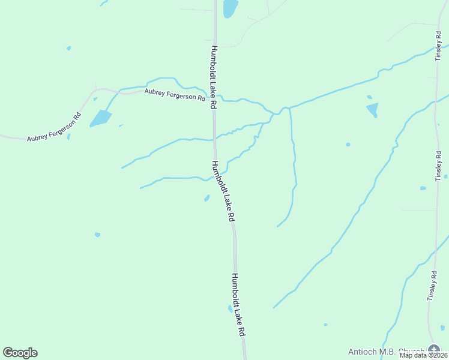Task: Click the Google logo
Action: point(20,353)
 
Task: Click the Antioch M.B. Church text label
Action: point(386,352)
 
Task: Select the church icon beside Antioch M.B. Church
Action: point(434,350)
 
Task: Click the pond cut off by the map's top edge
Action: point(230,8)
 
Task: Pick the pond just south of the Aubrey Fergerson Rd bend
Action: point(101,118)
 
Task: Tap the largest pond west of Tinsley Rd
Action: point(373,110)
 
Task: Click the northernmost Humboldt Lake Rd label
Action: point(213,76)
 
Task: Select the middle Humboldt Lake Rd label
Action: point(222,191)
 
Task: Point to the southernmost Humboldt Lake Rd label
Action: point(238,304)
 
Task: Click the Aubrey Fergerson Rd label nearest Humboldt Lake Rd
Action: point(174,95)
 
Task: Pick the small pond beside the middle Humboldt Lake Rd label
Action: point(206,197)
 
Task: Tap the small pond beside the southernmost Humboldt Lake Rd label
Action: point(230,308)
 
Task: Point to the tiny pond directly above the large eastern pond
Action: point(369,97)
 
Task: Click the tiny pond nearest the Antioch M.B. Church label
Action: point(325,325)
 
